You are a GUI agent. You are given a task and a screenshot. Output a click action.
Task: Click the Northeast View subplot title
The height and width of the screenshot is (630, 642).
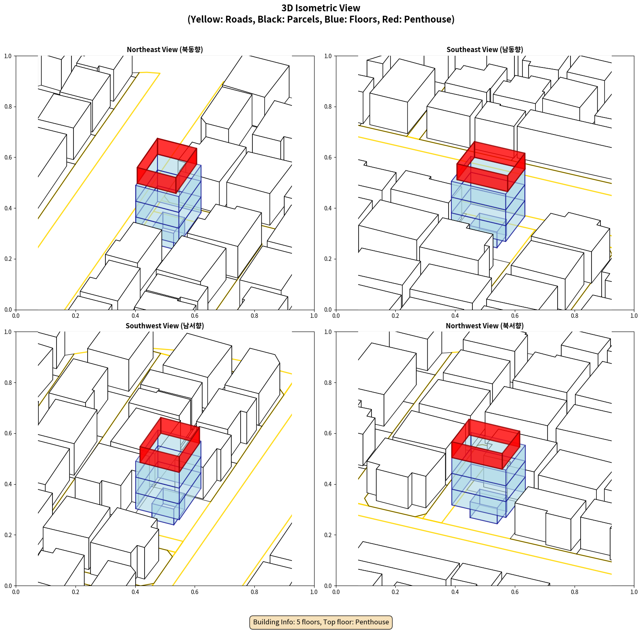coord(165,50)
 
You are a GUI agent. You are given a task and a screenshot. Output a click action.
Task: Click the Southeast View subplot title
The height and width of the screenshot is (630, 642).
coord(485,50)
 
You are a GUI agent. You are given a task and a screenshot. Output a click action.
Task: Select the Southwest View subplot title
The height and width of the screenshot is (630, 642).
coord(165,326)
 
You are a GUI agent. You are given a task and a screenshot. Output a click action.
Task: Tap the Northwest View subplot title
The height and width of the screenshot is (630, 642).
coord(485,326)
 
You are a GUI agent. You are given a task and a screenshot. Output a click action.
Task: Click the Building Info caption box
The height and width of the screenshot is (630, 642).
coord(321,622)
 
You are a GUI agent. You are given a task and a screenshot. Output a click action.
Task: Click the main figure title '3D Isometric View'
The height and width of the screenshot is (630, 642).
coord(321,8)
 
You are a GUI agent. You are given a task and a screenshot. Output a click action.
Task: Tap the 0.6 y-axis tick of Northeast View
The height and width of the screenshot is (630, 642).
coord(8,157)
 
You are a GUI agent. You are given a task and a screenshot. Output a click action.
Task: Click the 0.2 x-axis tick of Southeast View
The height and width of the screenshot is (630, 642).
coord(395,316)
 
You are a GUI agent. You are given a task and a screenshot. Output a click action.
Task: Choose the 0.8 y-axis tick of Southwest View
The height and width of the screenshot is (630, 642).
coord(8,383)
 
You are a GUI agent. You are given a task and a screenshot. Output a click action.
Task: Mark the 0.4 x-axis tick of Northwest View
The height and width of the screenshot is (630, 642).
coord(455,592)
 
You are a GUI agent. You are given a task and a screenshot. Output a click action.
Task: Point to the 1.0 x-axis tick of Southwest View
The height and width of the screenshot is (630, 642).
coord(314,592)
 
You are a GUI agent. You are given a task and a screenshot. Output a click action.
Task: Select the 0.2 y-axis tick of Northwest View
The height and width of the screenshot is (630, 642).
coord(328,535)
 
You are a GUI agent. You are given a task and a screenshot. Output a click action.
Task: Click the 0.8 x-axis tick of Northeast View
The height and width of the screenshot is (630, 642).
coord(254,316)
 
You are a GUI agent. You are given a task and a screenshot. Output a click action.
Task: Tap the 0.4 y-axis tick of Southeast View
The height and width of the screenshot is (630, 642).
coord(328,208)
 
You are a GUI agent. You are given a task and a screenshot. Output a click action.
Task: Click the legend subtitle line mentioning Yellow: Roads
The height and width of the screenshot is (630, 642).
coord(321,19)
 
